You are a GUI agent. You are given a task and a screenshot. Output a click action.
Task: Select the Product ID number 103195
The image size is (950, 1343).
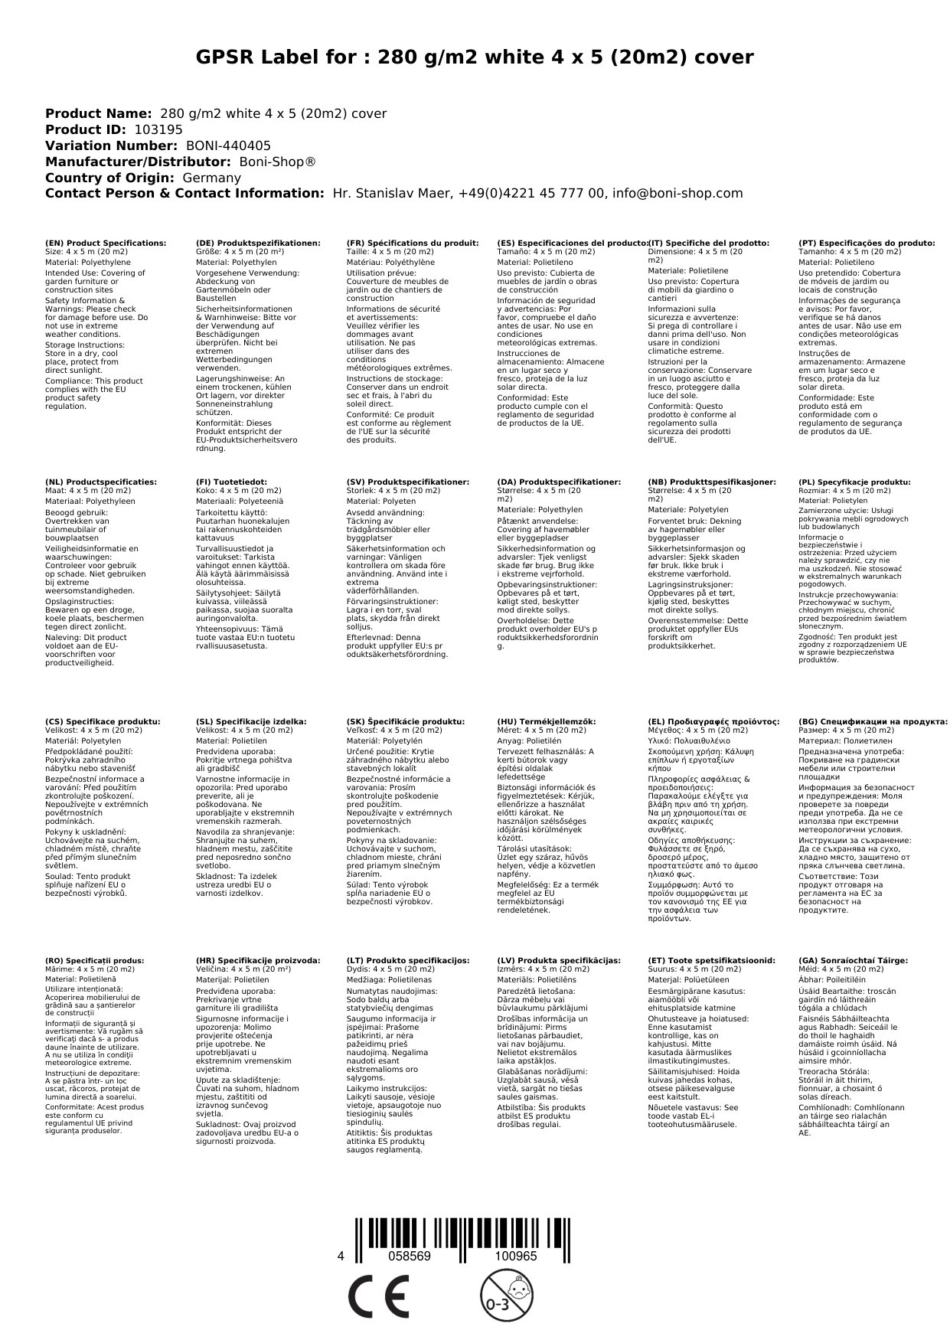[158, 130]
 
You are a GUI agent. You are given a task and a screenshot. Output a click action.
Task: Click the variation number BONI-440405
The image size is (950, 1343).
[228, 146]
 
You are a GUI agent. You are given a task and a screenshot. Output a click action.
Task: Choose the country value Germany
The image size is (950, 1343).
[211, 178]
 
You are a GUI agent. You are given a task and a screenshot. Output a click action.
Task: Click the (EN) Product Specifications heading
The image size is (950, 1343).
[106, 243]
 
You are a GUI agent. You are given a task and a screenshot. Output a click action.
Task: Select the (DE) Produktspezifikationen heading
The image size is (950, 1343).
[258, 243]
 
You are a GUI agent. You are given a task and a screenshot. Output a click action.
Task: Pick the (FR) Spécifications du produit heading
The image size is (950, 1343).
[413, 243]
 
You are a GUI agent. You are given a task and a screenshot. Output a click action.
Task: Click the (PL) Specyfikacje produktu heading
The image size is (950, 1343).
[854, 482]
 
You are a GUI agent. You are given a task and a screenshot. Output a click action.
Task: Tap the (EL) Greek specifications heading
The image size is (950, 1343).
[713, 721]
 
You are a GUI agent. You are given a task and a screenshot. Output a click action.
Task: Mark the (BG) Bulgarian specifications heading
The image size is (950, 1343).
[873, 721]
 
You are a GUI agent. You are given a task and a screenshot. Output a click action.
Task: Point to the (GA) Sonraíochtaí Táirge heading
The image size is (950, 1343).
[853, 960]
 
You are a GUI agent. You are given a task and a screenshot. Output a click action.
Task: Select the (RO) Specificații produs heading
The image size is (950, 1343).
[95, 960]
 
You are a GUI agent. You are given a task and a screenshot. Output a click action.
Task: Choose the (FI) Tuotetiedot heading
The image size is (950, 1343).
[232, 482]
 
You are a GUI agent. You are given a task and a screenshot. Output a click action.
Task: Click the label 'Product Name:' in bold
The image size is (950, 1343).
[99, 114]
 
